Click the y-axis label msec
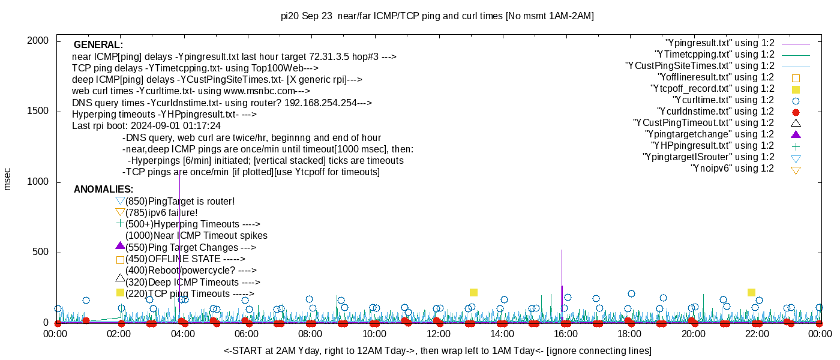8,179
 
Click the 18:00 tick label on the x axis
629,334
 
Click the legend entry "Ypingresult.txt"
719,43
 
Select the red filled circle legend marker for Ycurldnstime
796,112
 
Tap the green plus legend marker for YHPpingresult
796,146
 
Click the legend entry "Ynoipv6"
732,169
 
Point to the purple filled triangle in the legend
796,134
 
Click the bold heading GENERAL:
98,45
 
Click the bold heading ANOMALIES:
104,190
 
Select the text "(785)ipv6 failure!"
161,212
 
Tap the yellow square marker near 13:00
473,292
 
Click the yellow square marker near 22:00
751,292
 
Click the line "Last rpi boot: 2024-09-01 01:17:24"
146,126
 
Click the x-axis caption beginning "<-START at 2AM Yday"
437,350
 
